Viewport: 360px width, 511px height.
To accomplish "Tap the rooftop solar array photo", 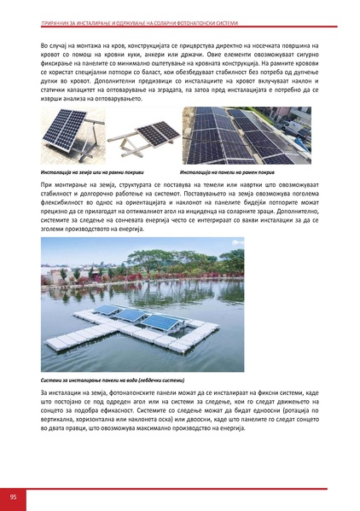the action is (x=247, y=135).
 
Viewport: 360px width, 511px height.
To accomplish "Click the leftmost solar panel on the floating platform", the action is (x=105, y=311).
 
